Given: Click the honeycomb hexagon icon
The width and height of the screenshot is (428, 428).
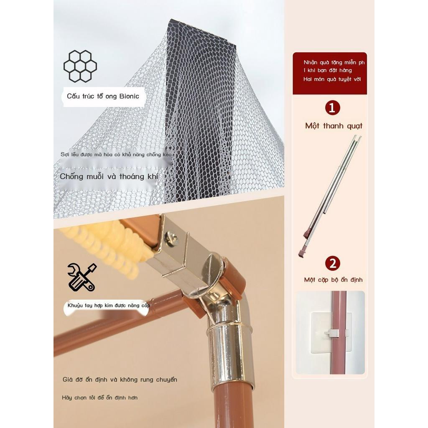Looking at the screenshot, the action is pos(80,66).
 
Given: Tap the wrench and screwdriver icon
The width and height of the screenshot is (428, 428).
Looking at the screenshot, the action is pos(82,277).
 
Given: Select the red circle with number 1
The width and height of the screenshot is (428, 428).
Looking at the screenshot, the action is pos(332,108).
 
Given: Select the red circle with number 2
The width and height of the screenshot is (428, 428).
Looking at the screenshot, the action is pos(332,263).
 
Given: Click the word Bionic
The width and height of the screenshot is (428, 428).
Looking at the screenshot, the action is pos(129,96).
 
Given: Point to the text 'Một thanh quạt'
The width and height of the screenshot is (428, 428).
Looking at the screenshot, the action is pos(334,126).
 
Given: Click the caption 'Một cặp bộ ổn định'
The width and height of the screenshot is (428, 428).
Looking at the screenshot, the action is pos(333,280).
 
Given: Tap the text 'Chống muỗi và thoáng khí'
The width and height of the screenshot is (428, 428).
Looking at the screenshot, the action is pos(109,176).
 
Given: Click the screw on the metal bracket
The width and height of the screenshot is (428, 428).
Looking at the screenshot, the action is pos(172,237).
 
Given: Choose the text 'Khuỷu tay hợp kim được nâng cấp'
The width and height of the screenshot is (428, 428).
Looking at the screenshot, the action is pos(109,306).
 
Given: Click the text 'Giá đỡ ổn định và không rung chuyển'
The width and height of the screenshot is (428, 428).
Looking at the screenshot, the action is pos(120,380).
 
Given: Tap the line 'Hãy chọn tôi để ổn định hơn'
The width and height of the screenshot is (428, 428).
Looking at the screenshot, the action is pos(99,398).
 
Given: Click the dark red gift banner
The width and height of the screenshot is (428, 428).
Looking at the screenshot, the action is pos(330,74).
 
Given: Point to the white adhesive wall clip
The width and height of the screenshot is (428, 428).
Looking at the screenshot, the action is pos(331,332).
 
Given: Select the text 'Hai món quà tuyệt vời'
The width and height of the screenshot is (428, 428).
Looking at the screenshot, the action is pos(332,79).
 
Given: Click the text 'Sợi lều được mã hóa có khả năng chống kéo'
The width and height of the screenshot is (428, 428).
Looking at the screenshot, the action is pos(116,155).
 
